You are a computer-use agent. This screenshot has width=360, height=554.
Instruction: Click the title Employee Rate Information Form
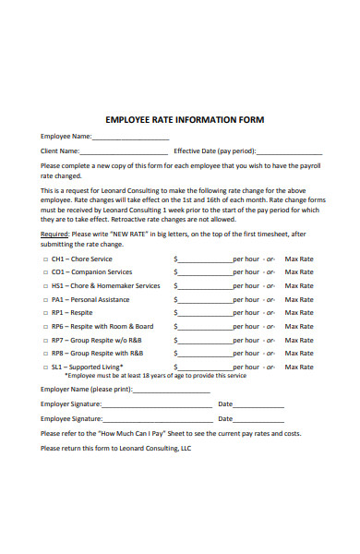pos(185,120)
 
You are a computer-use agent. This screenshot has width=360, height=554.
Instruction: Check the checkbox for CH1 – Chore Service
pos(44,259)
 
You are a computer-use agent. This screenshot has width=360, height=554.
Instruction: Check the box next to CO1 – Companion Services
pos(44,272)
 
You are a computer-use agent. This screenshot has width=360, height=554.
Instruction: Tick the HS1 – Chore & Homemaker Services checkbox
pos(44,286)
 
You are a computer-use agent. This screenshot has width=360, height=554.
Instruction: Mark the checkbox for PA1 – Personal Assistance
pos(44,300)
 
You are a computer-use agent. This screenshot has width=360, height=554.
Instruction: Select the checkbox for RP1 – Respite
pos(44,313)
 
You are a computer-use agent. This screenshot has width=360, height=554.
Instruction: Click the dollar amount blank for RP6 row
pos(205,327)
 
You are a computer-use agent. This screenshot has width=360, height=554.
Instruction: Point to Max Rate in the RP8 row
pos(298,353)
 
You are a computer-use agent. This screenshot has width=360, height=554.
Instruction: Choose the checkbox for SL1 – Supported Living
pos(44,367)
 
